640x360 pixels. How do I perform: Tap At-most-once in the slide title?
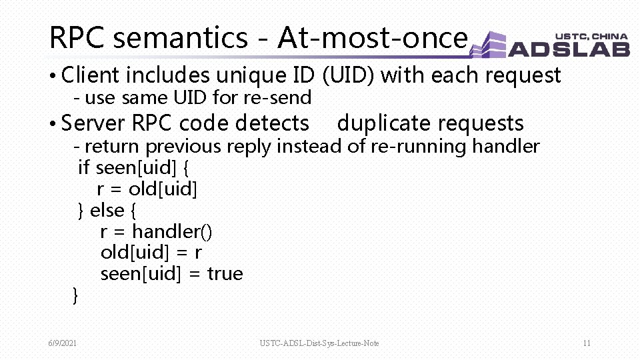coord(371,38)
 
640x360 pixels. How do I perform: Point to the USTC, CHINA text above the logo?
coord(591,37)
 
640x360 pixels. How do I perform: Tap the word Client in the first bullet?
coord(90,75)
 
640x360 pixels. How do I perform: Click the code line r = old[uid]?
coord(147,189)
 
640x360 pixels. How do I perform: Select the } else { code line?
coord(107,211)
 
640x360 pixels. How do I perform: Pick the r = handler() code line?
coord(156,231)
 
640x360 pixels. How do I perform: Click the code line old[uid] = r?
coord(151,253)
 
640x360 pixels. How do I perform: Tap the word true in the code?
coord(225,274)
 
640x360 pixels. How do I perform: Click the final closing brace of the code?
coord(75,295)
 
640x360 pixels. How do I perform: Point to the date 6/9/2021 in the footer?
coord(62,343)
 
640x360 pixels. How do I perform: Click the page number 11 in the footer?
coord(586,343)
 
